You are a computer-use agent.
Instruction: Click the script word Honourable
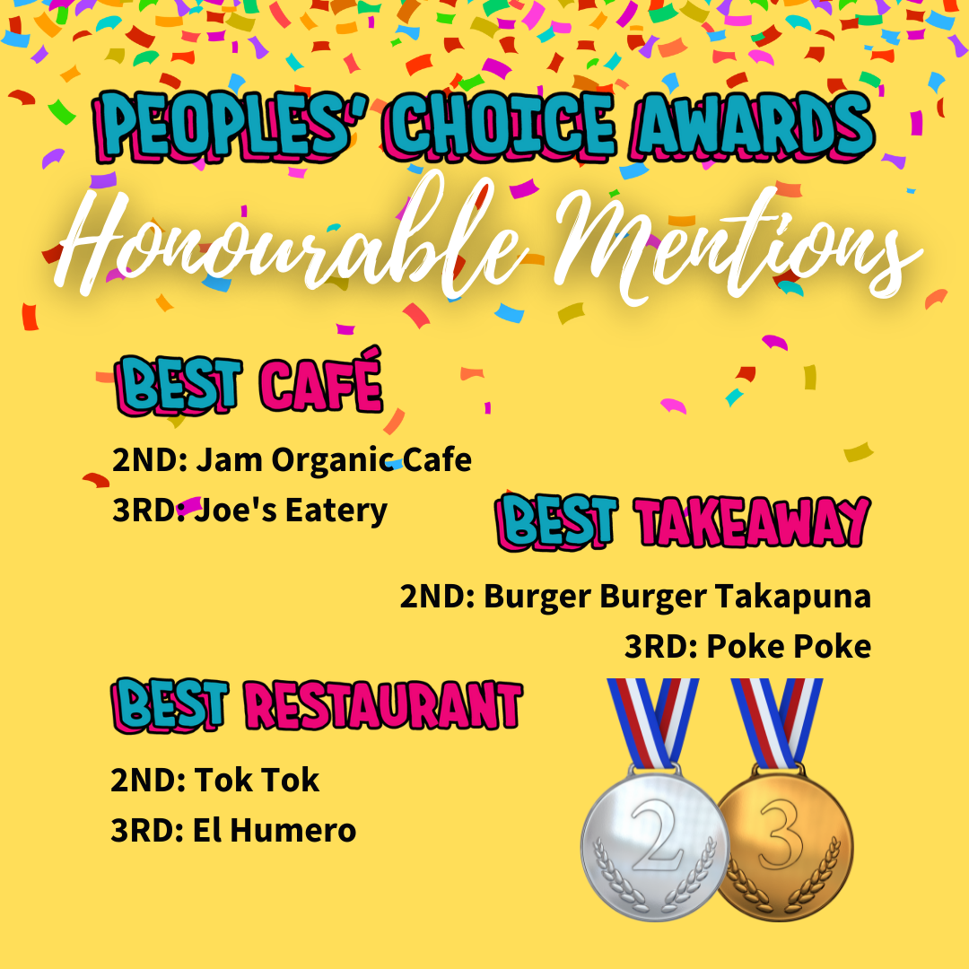(x=291, y=241)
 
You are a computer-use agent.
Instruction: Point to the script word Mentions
(x=736, y=248)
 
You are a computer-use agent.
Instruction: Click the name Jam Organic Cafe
(x=334, y=460)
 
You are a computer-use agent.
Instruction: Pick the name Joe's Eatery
(x=291, y=511)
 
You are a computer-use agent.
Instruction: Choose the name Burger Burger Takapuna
(x=677, y=597)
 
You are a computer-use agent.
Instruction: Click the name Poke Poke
(x=789, y=647)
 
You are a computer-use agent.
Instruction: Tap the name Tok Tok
(x=257, y=780)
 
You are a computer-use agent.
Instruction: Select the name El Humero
(x=275, y=831)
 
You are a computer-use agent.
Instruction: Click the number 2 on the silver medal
(x=658, y=835)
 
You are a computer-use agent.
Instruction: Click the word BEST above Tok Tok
(x=170, y=704)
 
